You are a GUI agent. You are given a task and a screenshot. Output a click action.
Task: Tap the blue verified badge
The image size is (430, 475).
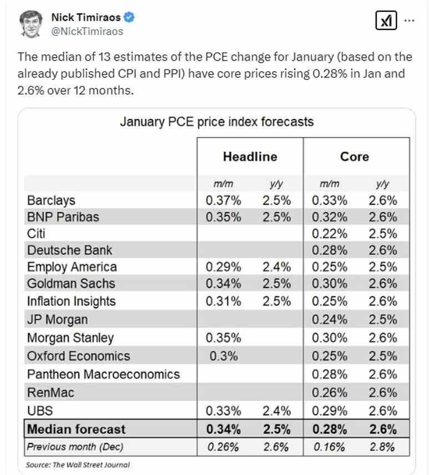pos(129,18)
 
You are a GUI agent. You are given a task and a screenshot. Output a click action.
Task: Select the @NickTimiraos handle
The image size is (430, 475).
pos(87,32)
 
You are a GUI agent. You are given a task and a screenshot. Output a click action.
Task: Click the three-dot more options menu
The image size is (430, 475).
pos(409,21)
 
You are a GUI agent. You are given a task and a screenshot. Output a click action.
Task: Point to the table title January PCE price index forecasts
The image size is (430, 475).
pos(217,121)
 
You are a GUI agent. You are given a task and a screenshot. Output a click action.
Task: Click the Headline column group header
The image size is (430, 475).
pos(250,157)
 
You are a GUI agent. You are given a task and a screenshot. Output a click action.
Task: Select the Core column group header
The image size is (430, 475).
pos(355,157)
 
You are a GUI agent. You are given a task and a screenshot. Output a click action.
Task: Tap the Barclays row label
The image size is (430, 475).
pos(51,201)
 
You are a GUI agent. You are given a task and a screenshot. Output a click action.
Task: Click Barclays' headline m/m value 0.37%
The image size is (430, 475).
pos(223,201)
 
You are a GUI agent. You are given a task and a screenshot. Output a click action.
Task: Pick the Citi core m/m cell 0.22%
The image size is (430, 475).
pos(330,233)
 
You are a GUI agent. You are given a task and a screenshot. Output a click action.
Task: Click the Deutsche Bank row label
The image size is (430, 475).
pos(69,250)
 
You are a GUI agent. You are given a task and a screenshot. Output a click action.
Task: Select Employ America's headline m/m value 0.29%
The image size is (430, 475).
pos(223,267)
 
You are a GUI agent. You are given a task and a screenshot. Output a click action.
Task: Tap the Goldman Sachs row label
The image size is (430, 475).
pos(71,284)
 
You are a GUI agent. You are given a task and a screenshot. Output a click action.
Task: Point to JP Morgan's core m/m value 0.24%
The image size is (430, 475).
pos(330,319)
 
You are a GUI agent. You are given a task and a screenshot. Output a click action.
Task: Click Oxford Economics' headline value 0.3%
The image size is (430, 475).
pos(223,356)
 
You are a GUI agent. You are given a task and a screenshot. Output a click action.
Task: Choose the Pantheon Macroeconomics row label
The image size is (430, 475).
pos(103,374)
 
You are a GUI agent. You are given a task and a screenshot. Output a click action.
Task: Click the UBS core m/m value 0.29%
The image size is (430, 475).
pos(330,411)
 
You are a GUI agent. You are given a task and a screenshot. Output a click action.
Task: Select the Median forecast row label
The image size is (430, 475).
pos(77,429)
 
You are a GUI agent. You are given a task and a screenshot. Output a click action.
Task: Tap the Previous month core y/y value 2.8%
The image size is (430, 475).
pos(383,447)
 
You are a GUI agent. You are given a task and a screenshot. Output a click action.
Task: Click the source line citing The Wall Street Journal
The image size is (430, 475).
pos(78,464)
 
